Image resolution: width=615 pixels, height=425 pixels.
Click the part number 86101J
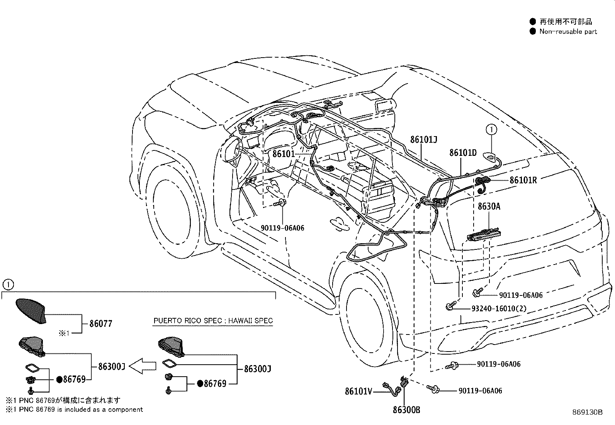click(423, 140)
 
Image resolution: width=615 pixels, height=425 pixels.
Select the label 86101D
click(463, 153)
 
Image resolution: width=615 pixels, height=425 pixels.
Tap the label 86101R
click(523, 180)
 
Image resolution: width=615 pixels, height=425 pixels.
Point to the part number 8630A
click(489, 207)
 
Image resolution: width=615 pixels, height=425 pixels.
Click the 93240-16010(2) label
click(498, 308)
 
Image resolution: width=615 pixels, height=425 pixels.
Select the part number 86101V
click(358, 392)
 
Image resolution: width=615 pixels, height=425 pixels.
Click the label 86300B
click(406, 410)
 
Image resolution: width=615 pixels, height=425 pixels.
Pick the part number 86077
click(101, 324)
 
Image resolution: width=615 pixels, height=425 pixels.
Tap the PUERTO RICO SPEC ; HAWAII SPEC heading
click(213, 321)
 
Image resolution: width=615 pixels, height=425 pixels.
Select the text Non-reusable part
click(568, 32)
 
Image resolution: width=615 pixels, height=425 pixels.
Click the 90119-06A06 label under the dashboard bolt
click(282, 228)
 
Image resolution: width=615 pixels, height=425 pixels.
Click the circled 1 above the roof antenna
click(491, 130)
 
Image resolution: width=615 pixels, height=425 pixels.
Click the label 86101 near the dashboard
click(284, 154)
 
